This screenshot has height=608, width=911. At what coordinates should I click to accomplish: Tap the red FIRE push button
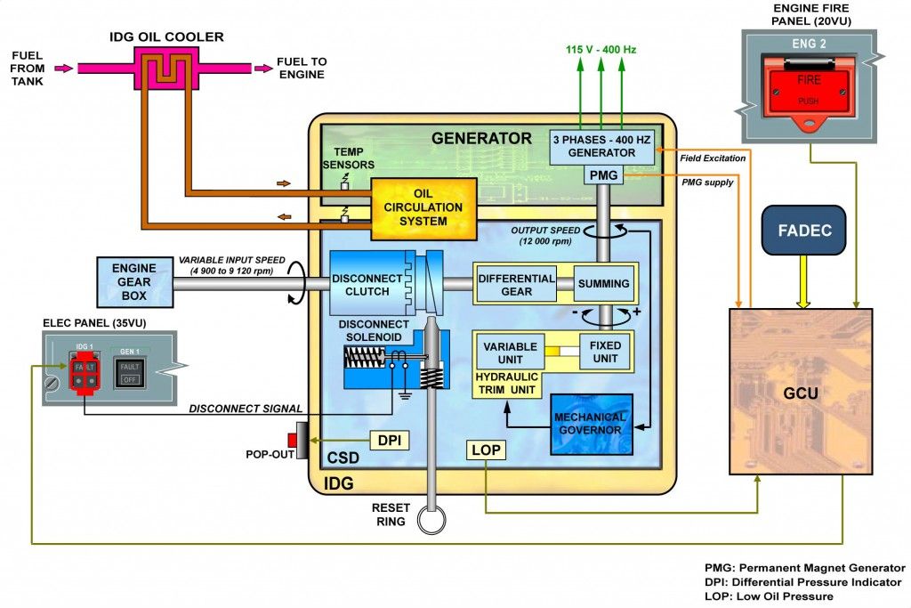808,90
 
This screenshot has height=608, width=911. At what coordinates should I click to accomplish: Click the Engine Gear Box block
133,282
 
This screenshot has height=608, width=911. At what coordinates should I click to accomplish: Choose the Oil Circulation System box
423,208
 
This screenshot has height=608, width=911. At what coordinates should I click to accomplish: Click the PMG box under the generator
602,175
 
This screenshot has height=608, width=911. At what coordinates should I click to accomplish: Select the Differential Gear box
516,284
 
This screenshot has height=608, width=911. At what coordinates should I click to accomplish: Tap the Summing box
604,284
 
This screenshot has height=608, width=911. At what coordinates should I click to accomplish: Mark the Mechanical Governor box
590,424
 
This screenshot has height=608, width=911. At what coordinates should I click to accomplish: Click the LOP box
486,450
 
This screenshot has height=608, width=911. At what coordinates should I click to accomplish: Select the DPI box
390,439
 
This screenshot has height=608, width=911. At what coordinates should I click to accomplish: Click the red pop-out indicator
292,440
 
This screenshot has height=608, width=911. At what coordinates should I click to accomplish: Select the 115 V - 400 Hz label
601,50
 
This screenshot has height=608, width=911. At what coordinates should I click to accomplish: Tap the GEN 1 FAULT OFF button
130,372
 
